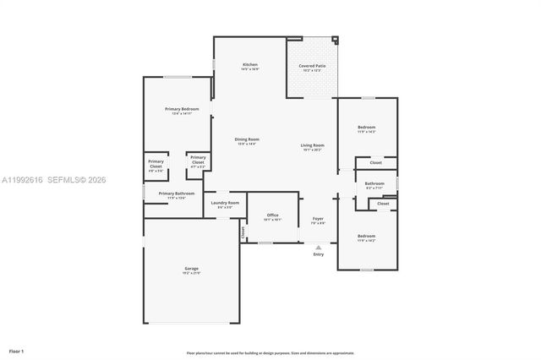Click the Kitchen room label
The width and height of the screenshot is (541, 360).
(x=249, y=65)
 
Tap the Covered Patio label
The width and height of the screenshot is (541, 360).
(x=312, y=65)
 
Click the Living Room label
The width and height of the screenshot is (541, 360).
(x=312, y=145)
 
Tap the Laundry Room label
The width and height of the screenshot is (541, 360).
(x=225, y=203)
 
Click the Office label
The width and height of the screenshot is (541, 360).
(x=272, y=215)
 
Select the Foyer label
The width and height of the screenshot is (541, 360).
(x=318, y=219)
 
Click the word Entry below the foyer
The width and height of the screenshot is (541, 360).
(x=318, y=254)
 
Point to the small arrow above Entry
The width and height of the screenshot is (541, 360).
(x=318, y=248)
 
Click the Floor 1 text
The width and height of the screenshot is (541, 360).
(x=17, y=350)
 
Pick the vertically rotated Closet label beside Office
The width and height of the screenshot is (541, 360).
(x=243, y=232)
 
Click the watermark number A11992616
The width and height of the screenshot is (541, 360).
(x=23, y=179)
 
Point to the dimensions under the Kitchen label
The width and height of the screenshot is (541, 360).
(x=249, y=70)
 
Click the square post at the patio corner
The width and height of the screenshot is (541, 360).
(x=334, y=39)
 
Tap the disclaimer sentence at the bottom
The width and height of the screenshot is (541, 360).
(x=270, y=352)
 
